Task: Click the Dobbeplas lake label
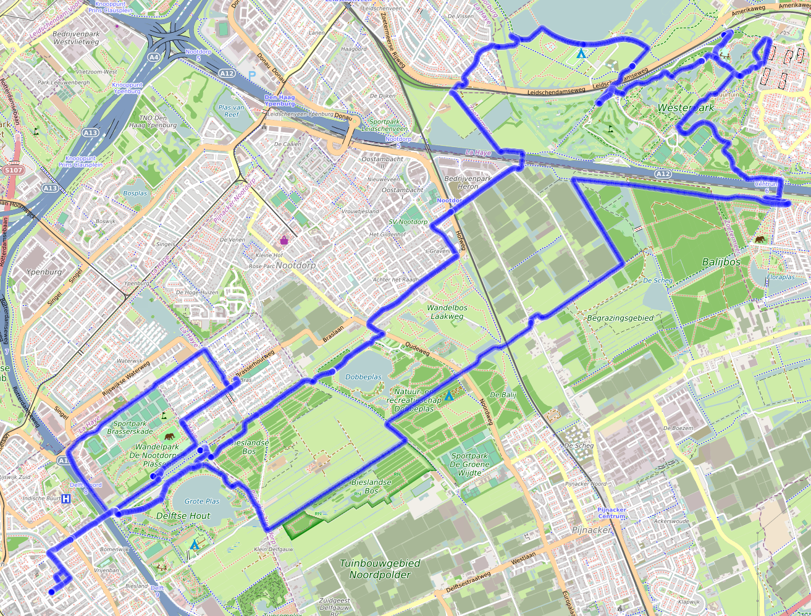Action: (x=363, y=377)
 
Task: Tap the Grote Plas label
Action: (x=202, y=502)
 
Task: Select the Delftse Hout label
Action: (x=183, y=515)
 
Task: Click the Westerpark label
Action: (x=686, y=108)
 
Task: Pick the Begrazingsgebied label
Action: (x=620, y=318)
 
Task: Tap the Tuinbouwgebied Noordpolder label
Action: (x=380, y=569)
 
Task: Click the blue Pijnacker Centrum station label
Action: (x=612, y=513)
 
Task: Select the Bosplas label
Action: (x=135, y=193)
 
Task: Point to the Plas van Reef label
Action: (x=231, y=111)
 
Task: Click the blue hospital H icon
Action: (x=65, y=499)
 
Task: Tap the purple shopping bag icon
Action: (x=284, y=240)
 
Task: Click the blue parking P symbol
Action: (x=252, y=75)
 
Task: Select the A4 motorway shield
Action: (x=153, y=57)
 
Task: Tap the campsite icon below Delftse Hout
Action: (x=195, y=545)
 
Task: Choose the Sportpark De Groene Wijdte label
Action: (x=469, y=464)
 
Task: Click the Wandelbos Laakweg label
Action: (x=447, y=311)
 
